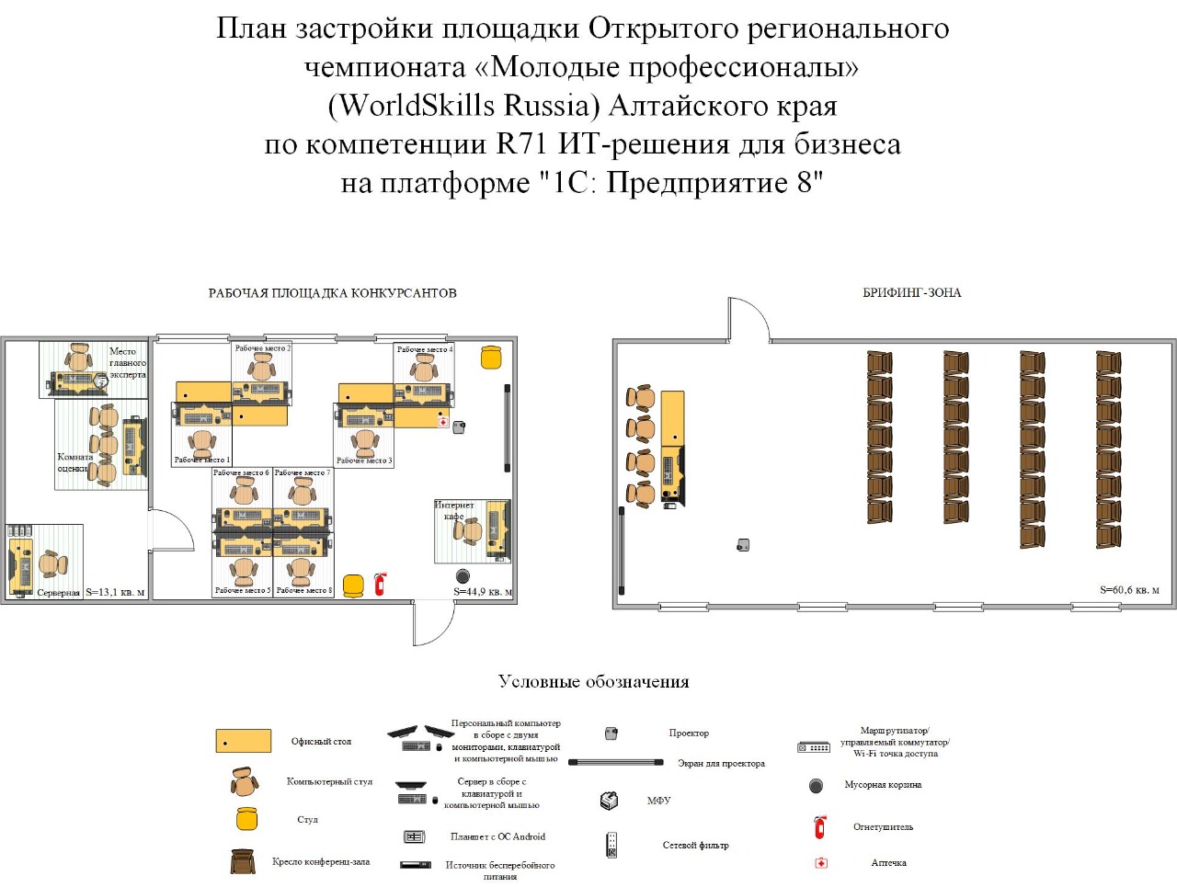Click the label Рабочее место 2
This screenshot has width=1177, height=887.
(x=262, y=348)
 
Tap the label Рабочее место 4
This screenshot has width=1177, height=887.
(x=424, y=349)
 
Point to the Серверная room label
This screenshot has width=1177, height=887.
(x=59, y=593)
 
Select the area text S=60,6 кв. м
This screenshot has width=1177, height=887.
(x=1129, y=590)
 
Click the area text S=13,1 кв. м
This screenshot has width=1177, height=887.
(x=115, y=593)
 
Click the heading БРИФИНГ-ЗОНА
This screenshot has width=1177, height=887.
(x=911, y=293)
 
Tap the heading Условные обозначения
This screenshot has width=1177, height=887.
(x=593, y=682)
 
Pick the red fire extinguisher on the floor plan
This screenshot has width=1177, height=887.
(x=380, y=584)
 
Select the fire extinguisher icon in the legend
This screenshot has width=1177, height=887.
(x=820, y=827)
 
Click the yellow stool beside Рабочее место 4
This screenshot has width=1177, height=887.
(x=491, y=357)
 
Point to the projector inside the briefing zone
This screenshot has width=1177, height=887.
(x=743, y=545)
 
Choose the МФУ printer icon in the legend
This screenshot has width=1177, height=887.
(x=609, y=801)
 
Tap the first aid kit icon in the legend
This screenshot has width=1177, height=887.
(x=820, y=863)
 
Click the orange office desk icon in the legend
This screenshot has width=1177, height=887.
(x=244, y=741)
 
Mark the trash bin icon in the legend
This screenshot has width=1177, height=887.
(x=816, y=785)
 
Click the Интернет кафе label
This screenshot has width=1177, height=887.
(x=454, y=510)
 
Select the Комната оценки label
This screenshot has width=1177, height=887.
(x=74, y=462)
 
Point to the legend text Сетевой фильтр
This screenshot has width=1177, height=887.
(x=695, y=845)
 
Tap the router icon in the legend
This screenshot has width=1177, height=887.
(x=814, y=747)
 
